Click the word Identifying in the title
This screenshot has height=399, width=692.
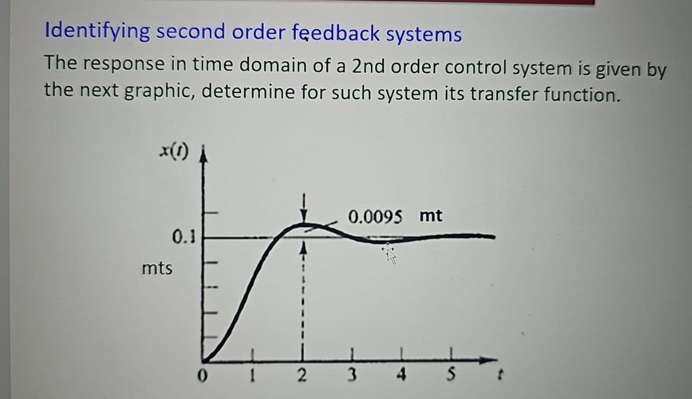(98, 31)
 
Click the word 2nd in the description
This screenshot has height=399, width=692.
(368, 66)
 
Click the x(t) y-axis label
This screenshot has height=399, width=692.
(174, 152)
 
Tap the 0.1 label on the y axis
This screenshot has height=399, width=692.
(184, 237)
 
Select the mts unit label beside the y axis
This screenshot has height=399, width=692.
(157, 268)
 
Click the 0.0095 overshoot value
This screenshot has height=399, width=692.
(375, 217)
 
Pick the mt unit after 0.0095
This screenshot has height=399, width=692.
(430, 215)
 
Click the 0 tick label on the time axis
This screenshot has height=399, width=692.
(203, 376)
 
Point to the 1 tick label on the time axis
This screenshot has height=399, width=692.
(252, 376)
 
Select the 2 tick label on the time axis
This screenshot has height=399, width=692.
(302, 376)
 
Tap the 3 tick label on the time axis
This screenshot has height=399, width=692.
(352, 375)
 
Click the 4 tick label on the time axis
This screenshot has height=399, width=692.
(401, 375)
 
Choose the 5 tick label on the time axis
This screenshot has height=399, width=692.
(451, 374)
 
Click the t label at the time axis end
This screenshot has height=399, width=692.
(500, 375)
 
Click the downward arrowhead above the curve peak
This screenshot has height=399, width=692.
(304, 215)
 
